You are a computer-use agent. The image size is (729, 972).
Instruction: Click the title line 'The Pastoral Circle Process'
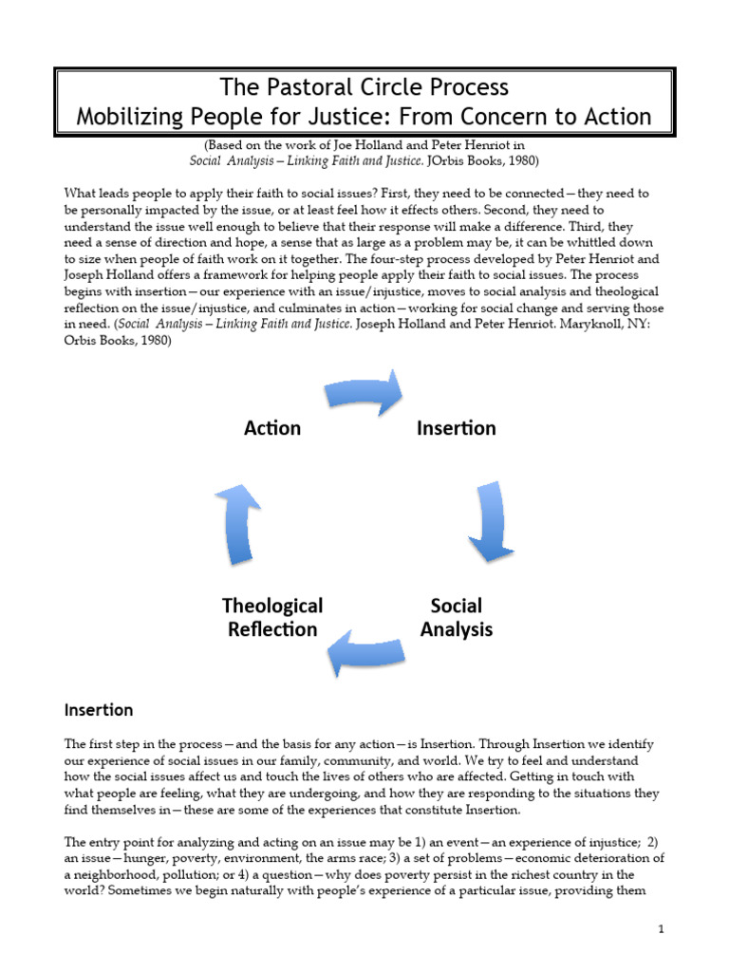tap(364, 87)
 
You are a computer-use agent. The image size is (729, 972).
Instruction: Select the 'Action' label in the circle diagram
tap(272, 428)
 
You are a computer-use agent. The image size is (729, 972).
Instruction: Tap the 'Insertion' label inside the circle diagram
tap(456, 428)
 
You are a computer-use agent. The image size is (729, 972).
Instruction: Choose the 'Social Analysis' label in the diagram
tap(456, 617)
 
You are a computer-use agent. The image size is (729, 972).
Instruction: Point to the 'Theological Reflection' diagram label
tap(272, 617)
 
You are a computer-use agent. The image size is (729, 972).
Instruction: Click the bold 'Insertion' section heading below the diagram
tap(99, 709)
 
